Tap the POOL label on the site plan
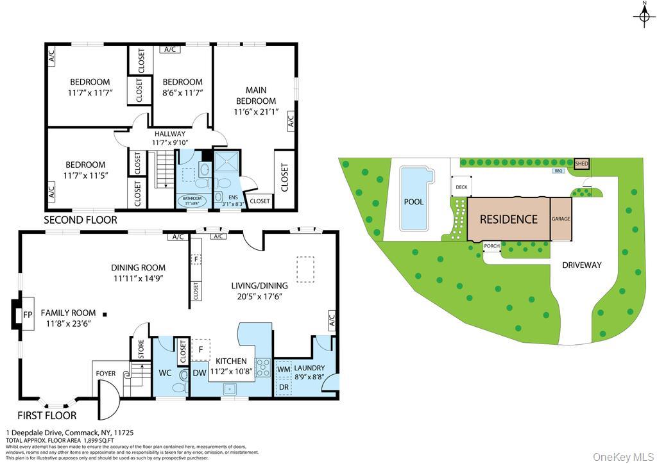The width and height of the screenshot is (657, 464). click(x=414, y=201)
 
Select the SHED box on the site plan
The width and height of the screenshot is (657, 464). click(x=581, y=164)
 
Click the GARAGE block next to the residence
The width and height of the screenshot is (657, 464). click(x=561, y=219)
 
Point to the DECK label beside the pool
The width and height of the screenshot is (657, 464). click(x=461, y=188)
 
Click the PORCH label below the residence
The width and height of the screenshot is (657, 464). click(x=491, y=246)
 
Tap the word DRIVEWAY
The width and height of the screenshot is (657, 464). click(x=581, y=265)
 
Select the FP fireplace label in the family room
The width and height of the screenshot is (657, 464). click(x=28, y=315)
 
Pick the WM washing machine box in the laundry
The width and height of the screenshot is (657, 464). click(x=284, y=370)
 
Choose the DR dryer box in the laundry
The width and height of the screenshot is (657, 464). click(x=284, y=387)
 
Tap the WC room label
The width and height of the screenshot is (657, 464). click(x=165, y=372)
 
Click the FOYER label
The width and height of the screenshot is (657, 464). click(x=106, y=373)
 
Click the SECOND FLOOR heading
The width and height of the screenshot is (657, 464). click(x=80, y=220)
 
